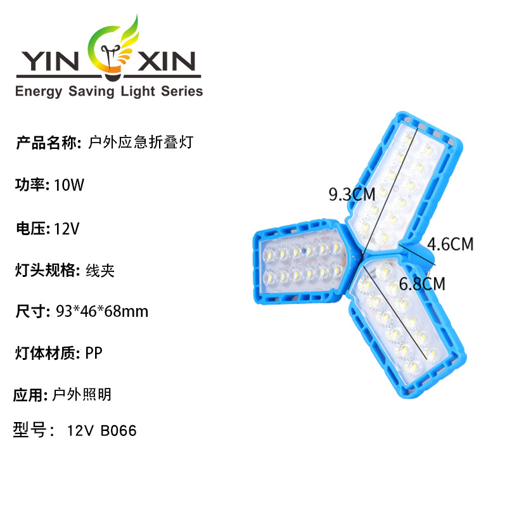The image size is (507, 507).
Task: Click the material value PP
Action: tap(93, 353)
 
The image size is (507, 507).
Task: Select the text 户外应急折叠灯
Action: tap(138, 143)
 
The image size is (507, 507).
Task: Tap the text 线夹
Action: tap(99, 271)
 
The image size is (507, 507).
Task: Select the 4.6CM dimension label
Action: tap(450, 243)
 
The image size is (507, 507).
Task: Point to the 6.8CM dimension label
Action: tap(421, 283)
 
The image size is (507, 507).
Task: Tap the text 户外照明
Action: tap(82, 395)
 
